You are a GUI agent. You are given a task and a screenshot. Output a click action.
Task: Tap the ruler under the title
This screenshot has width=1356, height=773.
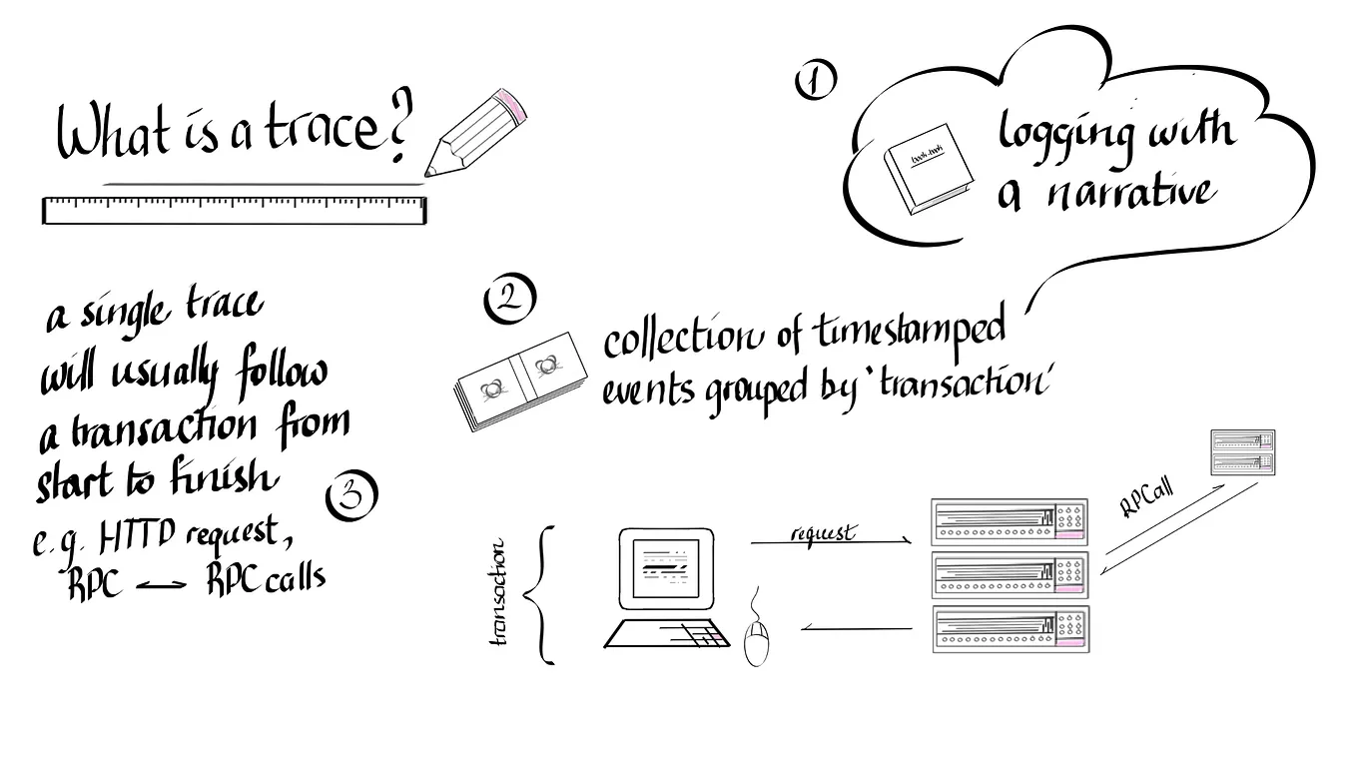(234, 210)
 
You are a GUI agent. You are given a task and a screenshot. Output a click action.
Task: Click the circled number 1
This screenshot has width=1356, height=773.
(816, 80)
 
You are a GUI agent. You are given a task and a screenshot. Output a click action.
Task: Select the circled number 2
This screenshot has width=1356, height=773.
(508, 298)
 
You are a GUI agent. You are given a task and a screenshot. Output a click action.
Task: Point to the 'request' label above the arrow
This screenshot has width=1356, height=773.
(822, 533)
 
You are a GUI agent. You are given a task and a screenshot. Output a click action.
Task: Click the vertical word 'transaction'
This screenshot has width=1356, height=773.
(499, 593)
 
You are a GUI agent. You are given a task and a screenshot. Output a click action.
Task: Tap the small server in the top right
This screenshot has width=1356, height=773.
(1242, 452)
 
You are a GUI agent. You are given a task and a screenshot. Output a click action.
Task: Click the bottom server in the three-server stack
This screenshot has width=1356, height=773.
(1010, 629)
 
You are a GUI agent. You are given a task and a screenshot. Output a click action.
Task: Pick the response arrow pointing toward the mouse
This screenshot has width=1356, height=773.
(857, 629)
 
